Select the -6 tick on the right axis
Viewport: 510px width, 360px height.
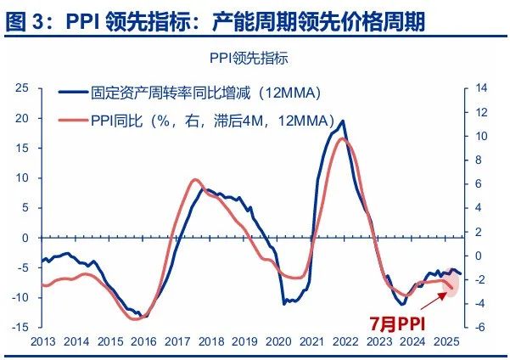(x=481, y=327)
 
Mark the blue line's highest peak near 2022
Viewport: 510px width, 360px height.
(x=342, y=121)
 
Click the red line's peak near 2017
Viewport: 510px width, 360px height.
(x=194, y=180)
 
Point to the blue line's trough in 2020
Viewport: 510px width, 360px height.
(x=285, y=302)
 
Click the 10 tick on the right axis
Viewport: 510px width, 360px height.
(x=481, y=136)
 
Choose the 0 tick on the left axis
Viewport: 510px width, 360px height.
(x=25, y=238)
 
